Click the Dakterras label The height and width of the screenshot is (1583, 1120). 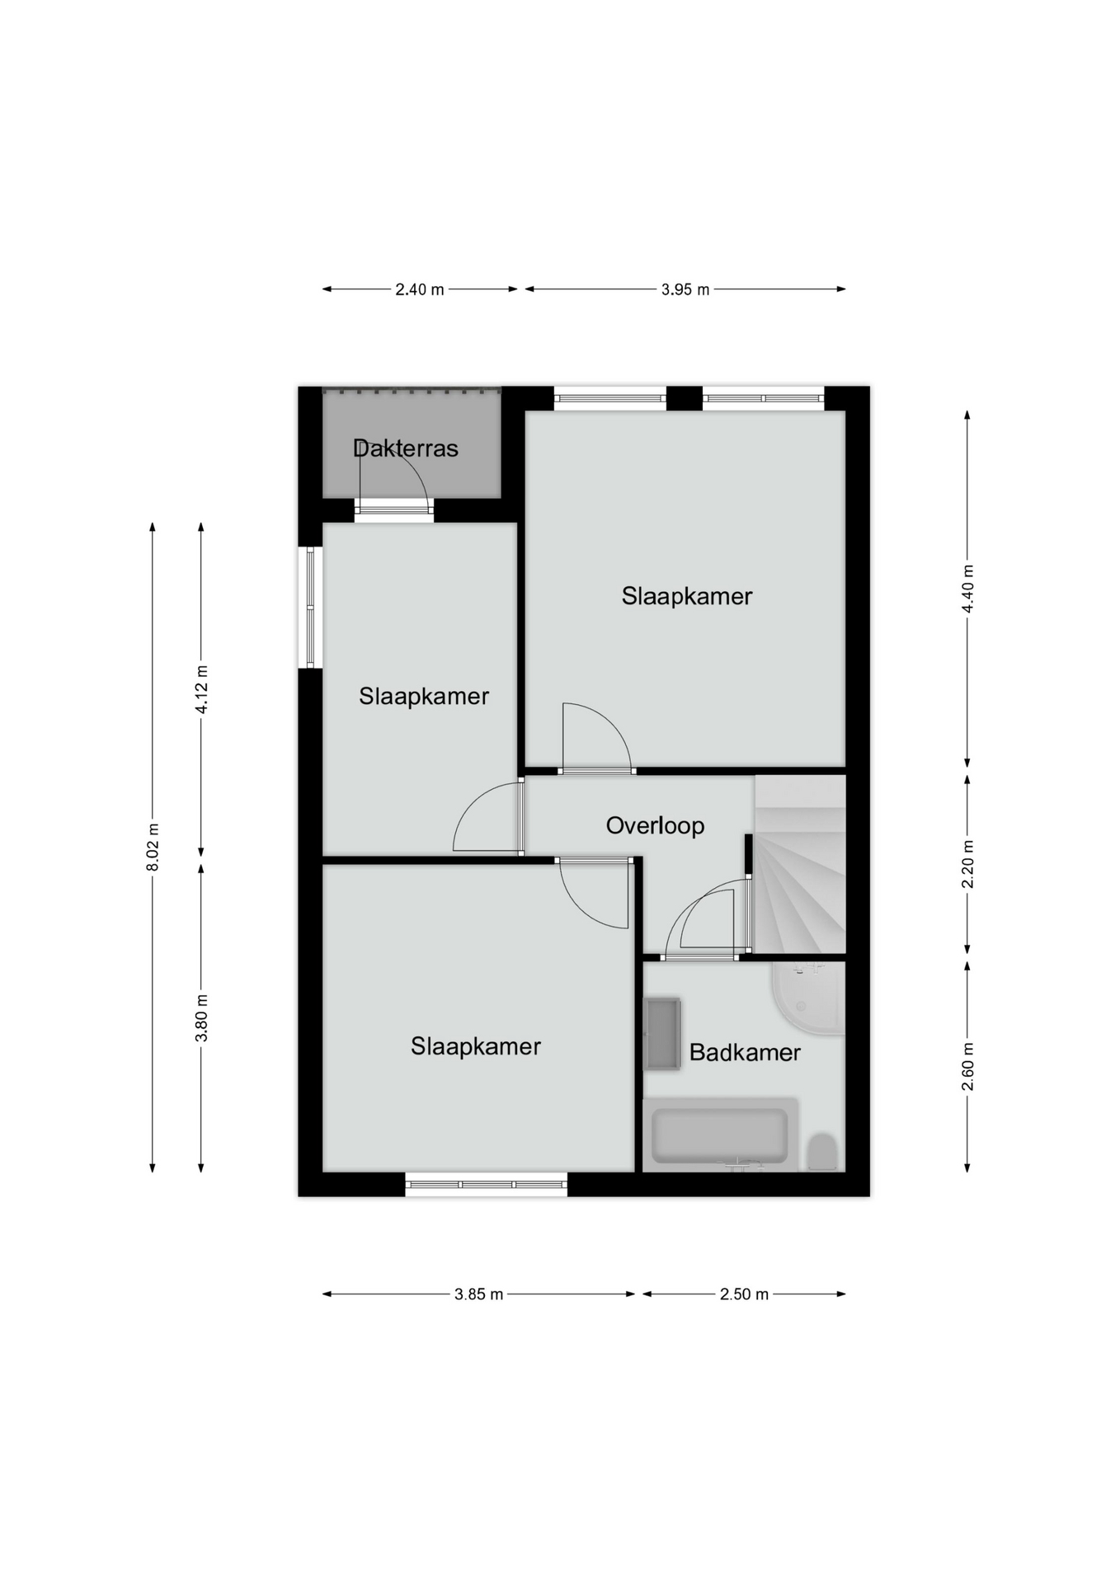pyautogui.click(x=405, y=449)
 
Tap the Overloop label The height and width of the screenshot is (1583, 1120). pyautogui.click(x=655, y=826)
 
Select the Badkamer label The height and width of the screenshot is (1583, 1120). pyautogui.click(x=745, y=1052)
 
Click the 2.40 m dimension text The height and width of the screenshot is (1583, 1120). pyautogui.click(x=419, y=289)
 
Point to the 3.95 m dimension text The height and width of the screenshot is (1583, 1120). pyautogui.click(x=685, y=289)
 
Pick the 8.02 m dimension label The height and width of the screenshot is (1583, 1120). pyautogui.click(x=153, y=847)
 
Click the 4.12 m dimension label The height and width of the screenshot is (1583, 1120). pyautogui.click(x=201, y=689)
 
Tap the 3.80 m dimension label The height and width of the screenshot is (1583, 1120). pyautogui.click(x=201, y=1017)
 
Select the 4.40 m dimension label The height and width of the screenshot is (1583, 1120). pyautogui.click(x=968, y=589)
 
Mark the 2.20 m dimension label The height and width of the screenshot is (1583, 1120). pyautogui.click(x=968, y=864)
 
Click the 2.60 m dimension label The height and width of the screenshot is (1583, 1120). pyautogui.click(x=968, y=1066)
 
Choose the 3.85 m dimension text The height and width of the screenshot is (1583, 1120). pyautogui.click(x=478, y=1294)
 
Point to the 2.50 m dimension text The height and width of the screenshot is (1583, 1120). pyautogui.click(x=744, y=1294)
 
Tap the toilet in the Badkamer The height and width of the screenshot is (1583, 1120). pyautogui.click(x=822, y=1152)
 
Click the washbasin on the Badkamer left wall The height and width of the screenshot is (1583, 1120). pyautogui.click(x=662, y=1034)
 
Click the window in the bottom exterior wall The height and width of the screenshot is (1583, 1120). pyautogui.click(x=487, y=1185)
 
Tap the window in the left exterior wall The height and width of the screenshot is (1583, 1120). pyautogui.click(x=310, y=608)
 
